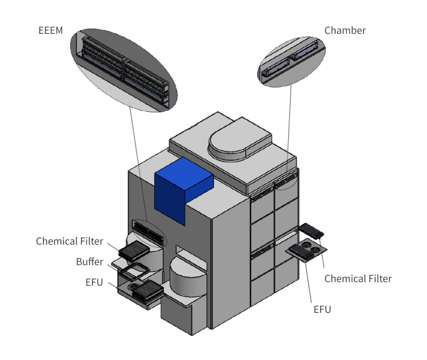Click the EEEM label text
coord(51,30)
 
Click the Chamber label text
coord(345,30)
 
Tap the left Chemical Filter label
coord(69,241)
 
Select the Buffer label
coord(89,262)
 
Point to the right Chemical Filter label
coord(358,278)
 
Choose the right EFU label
coord(322,309)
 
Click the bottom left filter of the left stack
coord(147,291)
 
